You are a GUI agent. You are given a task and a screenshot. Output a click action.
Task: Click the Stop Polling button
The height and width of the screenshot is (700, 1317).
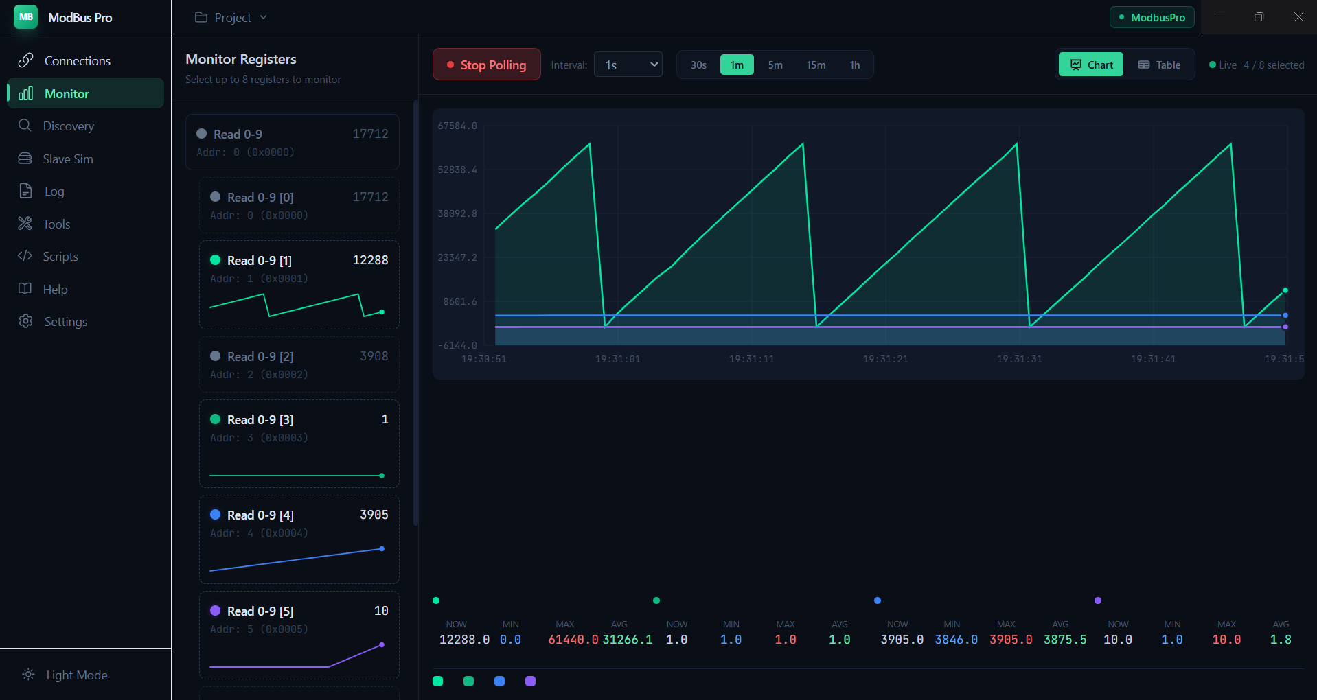486,65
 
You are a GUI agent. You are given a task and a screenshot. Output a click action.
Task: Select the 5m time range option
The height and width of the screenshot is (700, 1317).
775,65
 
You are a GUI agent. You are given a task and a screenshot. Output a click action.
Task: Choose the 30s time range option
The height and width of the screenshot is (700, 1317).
698,65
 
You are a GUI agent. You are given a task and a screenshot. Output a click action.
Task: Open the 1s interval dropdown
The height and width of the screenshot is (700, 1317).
628,65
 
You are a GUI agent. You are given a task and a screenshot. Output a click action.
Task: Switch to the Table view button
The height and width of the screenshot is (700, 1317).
1159,65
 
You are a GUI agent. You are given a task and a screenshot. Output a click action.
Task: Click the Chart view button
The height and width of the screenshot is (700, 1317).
1091,65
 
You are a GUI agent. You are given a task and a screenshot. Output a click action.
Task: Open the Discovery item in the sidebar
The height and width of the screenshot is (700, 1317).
68,126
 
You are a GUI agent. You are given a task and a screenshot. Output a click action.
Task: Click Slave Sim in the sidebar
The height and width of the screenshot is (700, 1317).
67,159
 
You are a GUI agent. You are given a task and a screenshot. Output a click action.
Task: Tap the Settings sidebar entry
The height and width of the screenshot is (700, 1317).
65,322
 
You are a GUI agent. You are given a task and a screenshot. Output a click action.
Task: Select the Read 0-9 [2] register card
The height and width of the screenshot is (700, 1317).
299,364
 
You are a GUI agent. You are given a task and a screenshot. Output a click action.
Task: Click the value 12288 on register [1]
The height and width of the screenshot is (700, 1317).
370,260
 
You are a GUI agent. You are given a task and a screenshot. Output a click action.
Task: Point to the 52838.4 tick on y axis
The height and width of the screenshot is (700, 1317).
457,170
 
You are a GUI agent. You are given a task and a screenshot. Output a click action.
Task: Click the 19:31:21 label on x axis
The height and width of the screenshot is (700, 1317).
885,359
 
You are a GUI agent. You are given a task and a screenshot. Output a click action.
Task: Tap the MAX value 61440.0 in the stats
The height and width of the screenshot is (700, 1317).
573,640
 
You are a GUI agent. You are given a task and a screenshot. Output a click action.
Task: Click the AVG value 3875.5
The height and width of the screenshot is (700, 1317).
1065,640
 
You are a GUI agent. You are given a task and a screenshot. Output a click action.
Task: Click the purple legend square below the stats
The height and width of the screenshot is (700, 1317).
530,681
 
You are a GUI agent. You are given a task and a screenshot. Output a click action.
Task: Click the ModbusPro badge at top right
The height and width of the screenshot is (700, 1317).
1152,17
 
